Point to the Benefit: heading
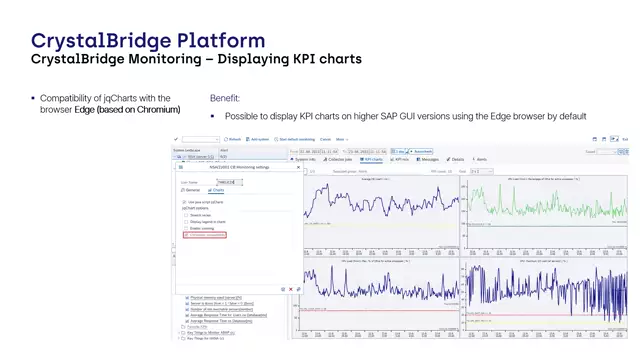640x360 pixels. (225, 98)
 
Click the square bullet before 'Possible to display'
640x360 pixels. (213, 117)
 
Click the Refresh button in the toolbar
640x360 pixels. (233, 139)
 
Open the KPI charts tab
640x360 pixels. (372, 159)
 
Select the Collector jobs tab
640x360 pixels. (339, 159)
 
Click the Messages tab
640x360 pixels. (428, 159)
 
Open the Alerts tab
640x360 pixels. (481, 159)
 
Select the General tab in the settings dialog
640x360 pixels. (192, 190)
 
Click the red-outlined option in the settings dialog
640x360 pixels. (205, 235)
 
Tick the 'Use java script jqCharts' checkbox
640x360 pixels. (185, 201)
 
